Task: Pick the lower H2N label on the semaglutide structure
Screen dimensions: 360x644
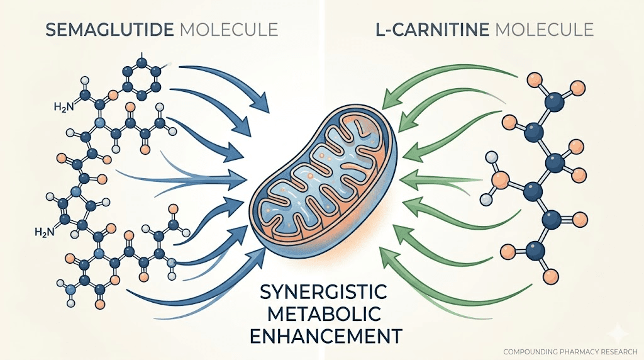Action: (45, 232)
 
